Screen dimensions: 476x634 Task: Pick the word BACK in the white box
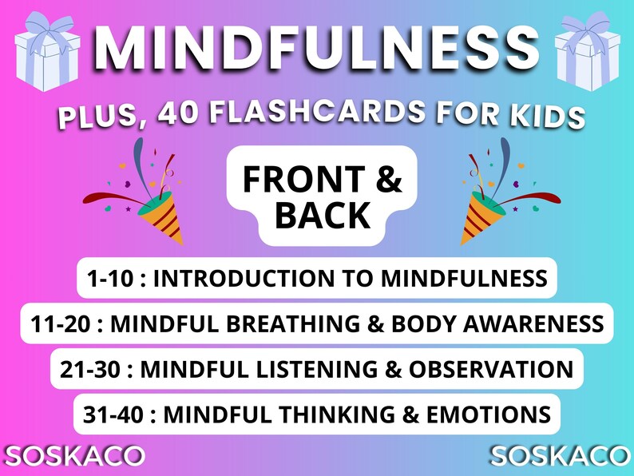click(318, 215)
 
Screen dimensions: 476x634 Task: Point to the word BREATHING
click(328, 324)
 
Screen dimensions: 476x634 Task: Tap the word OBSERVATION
click(491, 370)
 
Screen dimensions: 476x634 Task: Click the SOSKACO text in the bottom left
click(73, 456)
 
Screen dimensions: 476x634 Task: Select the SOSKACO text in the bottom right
click(560, 456)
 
